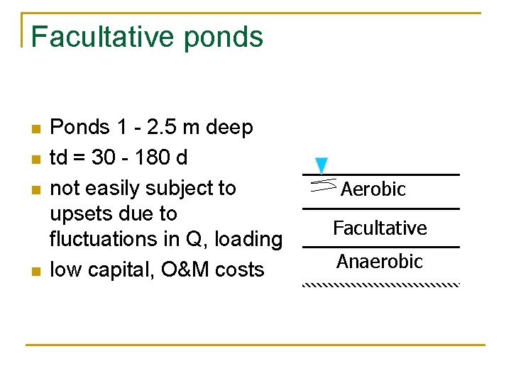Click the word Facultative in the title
click(x=103, y=37)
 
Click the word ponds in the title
click(x=224, y=37)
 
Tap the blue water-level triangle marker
click(x=322, y=165)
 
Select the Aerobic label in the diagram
click(x=373, y=189)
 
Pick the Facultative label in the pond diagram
click(x=380, y=228)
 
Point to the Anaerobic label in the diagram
click(x=380, y=262)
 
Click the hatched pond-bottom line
click(x=381, y=284)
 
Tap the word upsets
click(x=77, y=214)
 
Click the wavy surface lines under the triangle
click(x=323, y=186)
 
